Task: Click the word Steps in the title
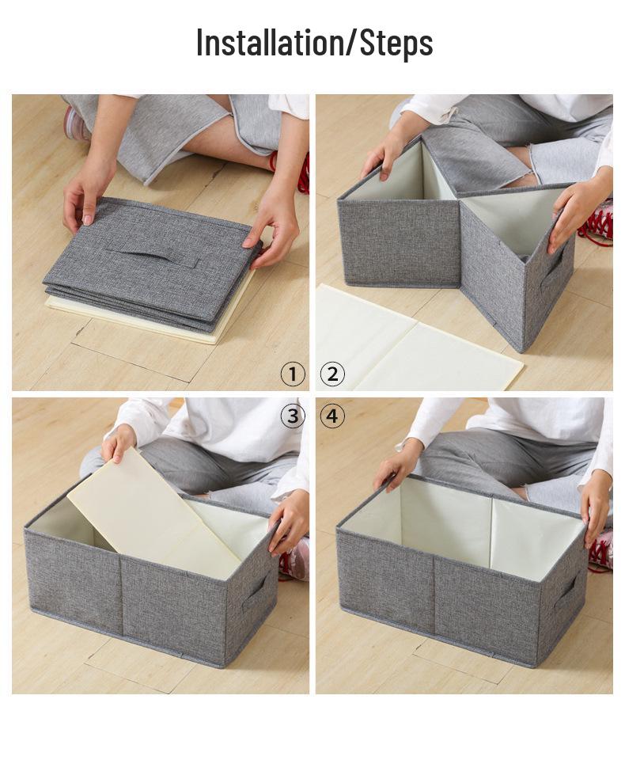[396, 43]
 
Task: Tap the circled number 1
[293, 374]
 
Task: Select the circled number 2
[332, 374]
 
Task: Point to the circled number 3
[293, 416]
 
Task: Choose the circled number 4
[332, 416]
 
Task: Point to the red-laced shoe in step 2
[597, 222]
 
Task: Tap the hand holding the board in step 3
[119, 443]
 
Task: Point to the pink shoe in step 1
[76, 124]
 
